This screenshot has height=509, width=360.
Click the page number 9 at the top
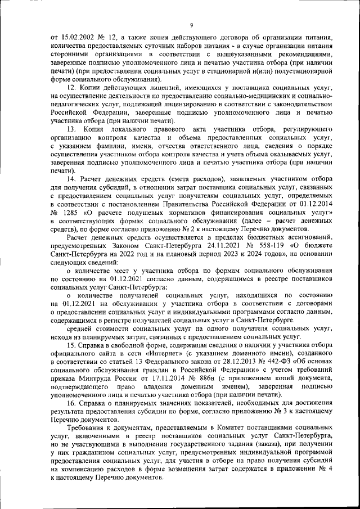point(191,25)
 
